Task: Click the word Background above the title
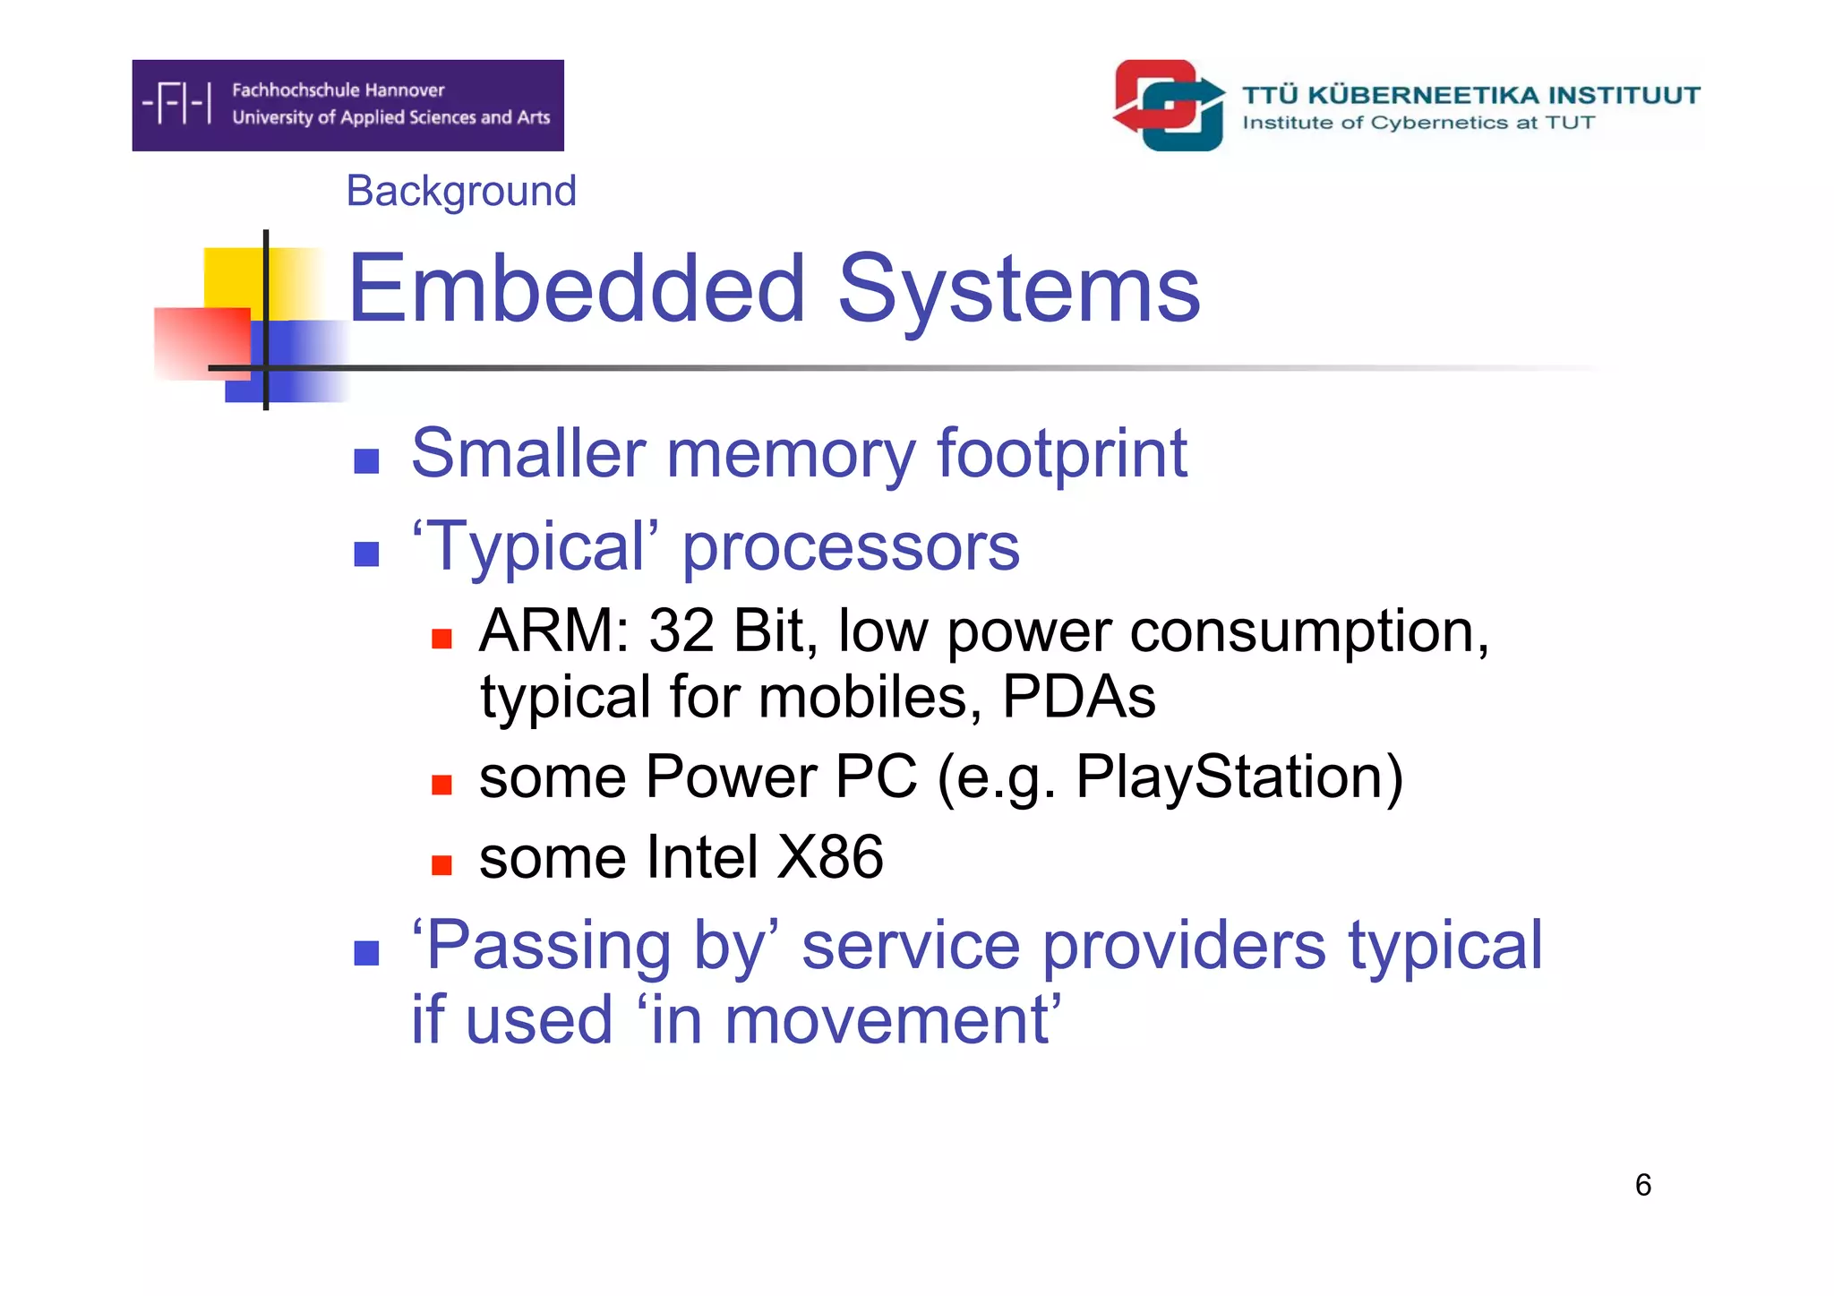460,191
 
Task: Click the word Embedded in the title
576,288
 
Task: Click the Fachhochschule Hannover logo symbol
177,103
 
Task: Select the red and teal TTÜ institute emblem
1169,105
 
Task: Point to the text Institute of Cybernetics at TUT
1418,123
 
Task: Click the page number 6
1642,1185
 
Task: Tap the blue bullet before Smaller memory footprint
366,461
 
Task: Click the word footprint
1061,453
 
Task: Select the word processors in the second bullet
850,547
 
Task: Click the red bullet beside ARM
441,639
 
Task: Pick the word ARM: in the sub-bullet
554,631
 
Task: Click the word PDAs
1078,696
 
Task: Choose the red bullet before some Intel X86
441,864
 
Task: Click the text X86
829,857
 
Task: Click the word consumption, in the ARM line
1308,631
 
